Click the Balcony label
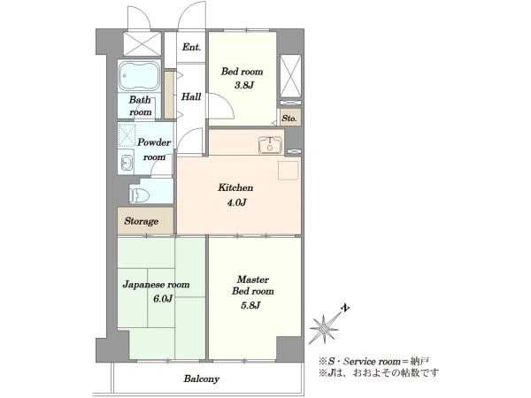[x=203, y=379]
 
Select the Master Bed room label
[x=253, y=284]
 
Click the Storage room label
[x=142, y=221]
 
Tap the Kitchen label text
[x=236, y=188]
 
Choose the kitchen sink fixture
[x=269, y=146]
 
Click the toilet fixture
[x=137, y=194]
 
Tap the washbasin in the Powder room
[x=126, y=163]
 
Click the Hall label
[x=190, y=97]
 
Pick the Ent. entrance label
[x=192, y=47]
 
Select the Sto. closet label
[x=289, y=118]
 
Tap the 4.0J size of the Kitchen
[x=236, y=203]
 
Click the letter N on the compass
[x=346, y=308]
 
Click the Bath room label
[x=140, y=106]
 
